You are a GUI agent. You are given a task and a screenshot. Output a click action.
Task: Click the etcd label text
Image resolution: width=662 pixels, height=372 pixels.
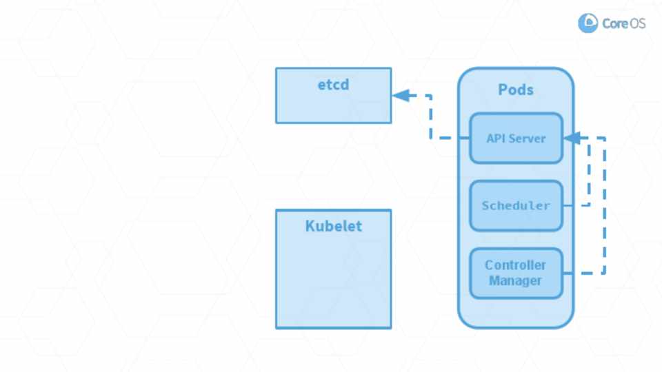333,85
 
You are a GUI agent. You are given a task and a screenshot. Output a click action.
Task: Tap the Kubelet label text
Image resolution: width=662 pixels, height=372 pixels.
333,226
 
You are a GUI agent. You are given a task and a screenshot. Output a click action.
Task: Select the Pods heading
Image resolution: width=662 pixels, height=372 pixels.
516,90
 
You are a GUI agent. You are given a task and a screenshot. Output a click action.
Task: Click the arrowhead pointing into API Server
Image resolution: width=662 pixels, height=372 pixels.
572,138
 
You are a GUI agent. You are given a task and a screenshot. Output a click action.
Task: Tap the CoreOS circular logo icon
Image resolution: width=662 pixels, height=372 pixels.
588,23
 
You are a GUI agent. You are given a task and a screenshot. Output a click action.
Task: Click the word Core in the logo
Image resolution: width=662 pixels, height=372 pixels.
614,23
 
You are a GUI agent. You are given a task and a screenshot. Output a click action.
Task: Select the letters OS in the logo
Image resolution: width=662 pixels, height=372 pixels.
637,23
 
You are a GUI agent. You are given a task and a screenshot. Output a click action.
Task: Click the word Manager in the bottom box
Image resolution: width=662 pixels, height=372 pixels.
515,280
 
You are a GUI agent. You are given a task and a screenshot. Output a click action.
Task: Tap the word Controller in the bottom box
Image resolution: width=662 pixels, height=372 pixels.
515,265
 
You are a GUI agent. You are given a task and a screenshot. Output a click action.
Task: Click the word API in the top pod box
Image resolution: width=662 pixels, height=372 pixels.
496,138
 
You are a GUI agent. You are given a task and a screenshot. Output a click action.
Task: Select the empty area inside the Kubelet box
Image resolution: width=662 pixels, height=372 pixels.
333,282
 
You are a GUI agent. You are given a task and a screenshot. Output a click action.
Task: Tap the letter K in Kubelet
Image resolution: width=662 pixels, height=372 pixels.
310,226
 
